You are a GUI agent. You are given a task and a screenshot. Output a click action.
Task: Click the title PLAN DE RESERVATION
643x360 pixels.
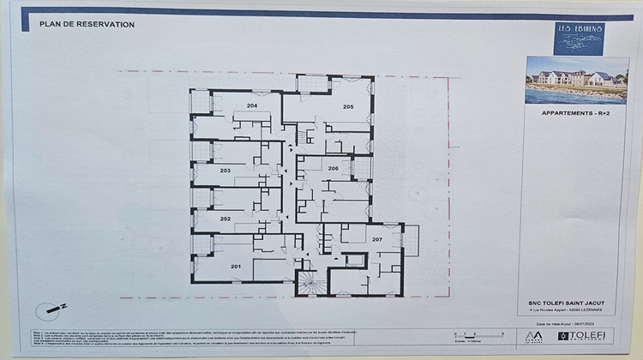pyautogui.click(x=87, y=25)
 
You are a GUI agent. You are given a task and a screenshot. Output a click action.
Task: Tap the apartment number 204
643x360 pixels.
pyautogui.click(x=252, y=105)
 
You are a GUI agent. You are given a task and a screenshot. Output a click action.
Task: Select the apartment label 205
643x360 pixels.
pyautogui.click(x=348, y=106)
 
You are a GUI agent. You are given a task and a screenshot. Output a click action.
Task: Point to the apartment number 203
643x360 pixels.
pyautogui.click(x=225, y=171)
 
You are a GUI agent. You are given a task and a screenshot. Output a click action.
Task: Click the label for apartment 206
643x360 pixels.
pyautogui.click(x=333, y=169)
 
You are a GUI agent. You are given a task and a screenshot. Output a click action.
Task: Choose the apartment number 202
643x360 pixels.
pyautogui.click(x=225, y=219)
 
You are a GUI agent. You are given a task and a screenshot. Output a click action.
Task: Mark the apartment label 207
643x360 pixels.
pyautogui.click(x=376, y=238)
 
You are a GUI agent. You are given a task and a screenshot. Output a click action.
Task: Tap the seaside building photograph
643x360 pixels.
pyautogui.click(x=576, y=80)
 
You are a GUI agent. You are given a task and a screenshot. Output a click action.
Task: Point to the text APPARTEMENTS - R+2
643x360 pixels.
pyautogui.click(x=576, y=112)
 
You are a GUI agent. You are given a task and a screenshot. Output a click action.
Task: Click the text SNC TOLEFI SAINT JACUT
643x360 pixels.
pyautogui.click(x=574, y=302)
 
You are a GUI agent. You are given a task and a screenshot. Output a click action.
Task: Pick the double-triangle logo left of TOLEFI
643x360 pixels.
pyautogui.click(x=534, y=336)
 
